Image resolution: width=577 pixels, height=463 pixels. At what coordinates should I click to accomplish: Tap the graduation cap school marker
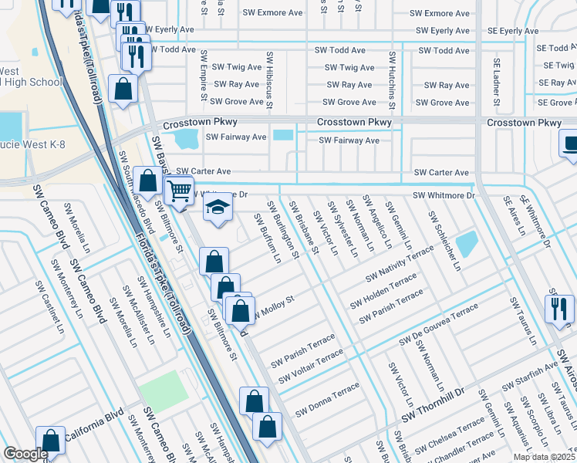[x=218, y=208]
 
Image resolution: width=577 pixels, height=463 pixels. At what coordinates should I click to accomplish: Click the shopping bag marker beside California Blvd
[x=51, y=441]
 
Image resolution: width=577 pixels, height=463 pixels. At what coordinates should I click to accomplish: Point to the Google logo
[x=25, y=454]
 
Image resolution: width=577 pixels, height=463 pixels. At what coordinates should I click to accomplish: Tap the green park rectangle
[x=164, y=390]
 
